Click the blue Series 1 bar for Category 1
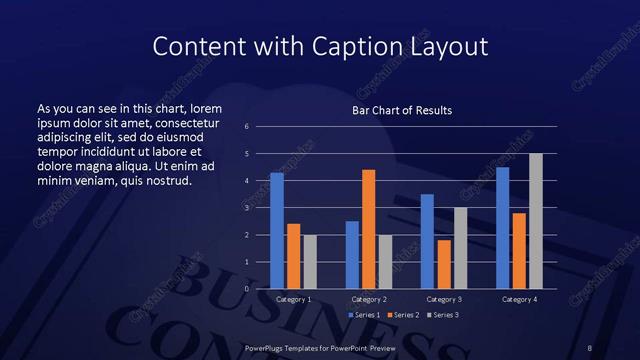pos(277,231)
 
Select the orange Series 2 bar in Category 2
pos(369,229)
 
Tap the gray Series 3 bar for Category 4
pos(536,221)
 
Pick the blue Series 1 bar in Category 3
pos(427,241)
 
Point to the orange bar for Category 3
pos(444,264)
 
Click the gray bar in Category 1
pos(310,262)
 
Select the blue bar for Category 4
pos(502,228)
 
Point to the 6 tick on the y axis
pos(246,127)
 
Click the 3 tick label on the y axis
pos(246,208)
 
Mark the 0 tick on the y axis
pos(246,289)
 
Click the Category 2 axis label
pos(369,300)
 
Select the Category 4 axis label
pos(519,300)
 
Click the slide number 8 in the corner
pos(590,346)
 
